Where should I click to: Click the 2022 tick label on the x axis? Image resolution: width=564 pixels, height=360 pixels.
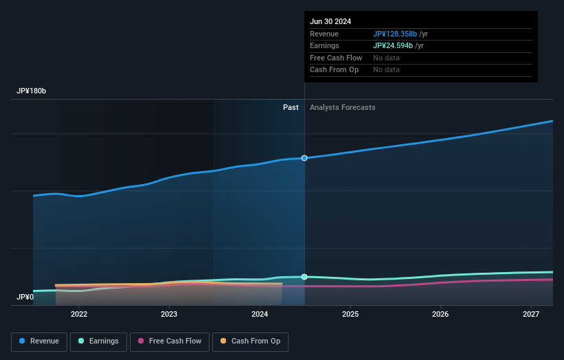[x=79, y=315]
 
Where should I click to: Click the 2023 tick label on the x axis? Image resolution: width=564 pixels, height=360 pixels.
[x=169, y=315]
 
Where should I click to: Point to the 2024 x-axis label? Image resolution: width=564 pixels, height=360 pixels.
[x=260, y=315]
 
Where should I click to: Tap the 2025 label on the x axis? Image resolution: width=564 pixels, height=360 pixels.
[x=350, y=315]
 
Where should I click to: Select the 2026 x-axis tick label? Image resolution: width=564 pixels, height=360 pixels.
[x=440, y=315]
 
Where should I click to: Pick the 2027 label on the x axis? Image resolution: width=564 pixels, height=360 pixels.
[x=530, y=315]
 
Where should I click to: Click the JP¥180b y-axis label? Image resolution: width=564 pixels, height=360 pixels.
[x=31, y=91]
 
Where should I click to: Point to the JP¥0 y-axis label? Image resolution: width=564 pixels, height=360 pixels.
[x=25, y=297]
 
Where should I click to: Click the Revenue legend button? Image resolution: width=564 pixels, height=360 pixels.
[x=39, y=341]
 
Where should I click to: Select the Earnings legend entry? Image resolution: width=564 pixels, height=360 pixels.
[x=98, y=341]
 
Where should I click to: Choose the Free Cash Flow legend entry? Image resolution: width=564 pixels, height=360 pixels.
[x=170, y=341]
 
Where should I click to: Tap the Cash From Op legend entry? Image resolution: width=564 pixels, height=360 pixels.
[x=251, y=341]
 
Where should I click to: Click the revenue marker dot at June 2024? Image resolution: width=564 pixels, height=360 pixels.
[x=304, y=158]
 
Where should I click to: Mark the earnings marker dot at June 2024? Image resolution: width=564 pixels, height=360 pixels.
[x=304, y=277]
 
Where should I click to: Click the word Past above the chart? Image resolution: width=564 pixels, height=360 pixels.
[x=291, y=107]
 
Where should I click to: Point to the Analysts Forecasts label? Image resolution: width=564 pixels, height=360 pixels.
[x=343, y=107]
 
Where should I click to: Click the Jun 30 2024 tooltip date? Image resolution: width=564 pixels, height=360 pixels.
[x=330, y=21]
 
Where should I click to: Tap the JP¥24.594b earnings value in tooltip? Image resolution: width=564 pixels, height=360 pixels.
[x=394, y=46]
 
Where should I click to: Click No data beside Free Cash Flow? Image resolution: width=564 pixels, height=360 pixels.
[x=386, y=58]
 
